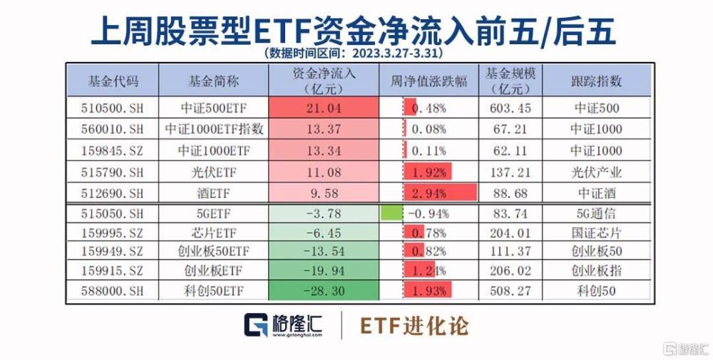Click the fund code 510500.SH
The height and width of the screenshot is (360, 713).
112,108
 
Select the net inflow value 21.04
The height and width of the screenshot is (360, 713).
324,108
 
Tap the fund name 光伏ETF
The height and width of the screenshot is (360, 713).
214,173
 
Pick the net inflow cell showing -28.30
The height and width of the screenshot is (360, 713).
324,291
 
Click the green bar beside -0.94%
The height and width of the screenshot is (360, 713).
391,213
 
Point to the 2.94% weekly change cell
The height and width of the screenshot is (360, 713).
429,193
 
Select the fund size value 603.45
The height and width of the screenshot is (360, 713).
511,108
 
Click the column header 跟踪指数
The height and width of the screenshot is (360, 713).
596,81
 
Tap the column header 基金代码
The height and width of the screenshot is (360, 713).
113,81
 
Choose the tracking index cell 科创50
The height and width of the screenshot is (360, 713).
596,291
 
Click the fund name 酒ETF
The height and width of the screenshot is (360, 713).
214,193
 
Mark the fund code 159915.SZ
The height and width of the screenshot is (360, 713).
112,271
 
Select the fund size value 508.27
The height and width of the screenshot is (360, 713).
511,291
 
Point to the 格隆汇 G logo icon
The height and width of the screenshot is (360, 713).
256,324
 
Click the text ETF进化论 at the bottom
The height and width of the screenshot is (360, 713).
414,326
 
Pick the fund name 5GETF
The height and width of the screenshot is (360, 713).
214,213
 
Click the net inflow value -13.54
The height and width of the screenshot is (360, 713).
324,251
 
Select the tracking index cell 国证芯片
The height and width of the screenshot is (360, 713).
596,232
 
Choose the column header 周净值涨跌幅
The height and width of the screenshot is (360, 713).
429,81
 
